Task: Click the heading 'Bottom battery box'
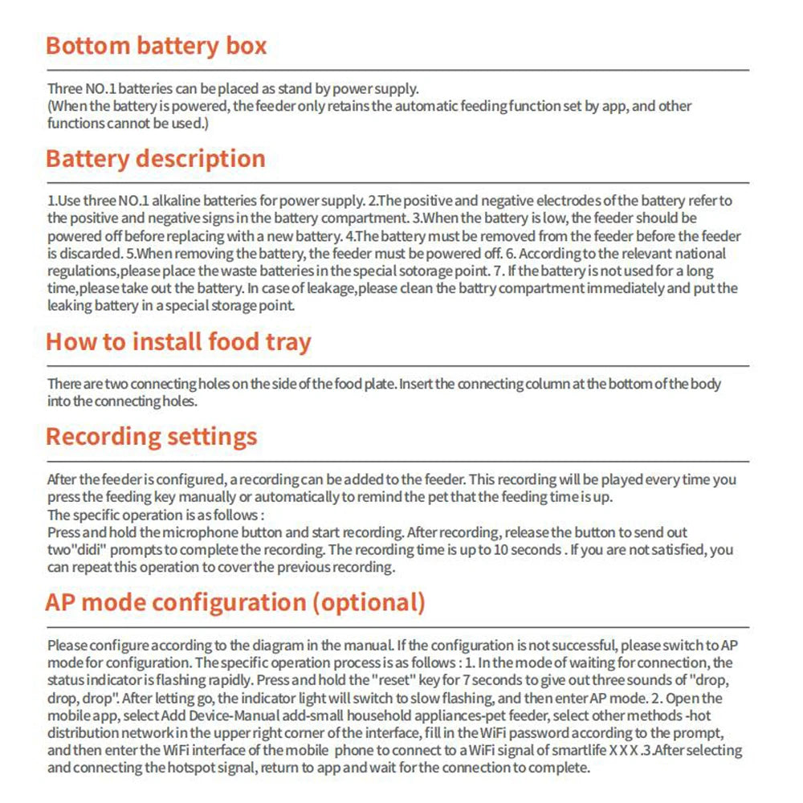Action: point(156,46)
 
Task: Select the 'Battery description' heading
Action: point(155,158)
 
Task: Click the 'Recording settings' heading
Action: point(151,437)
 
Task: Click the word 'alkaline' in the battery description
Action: point(183,200)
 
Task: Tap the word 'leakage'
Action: point(430,288)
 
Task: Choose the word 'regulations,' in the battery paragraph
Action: point(85,271)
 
